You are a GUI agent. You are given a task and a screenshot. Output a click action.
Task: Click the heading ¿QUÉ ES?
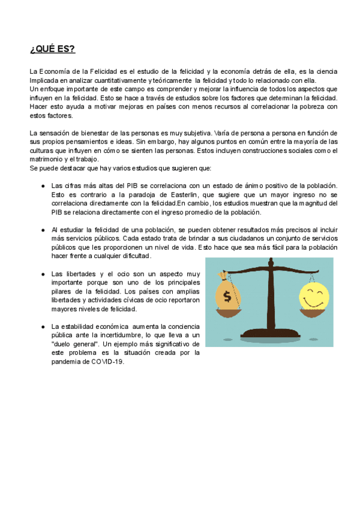[x=53, y=49]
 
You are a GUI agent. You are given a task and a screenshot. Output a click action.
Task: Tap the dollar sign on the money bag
[x=227, y=297]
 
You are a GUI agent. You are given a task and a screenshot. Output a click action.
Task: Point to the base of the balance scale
[x=269, y=339]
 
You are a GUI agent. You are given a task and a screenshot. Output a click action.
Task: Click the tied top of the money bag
[x=224, y=277]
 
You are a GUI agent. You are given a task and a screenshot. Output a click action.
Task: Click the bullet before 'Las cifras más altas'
[x=43, y=186]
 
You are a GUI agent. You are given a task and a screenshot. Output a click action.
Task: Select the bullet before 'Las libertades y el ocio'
[x=43, y=274]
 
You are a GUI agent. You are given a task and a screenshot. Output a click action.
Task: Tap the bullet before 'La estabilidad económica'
[x=43, y=327]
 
